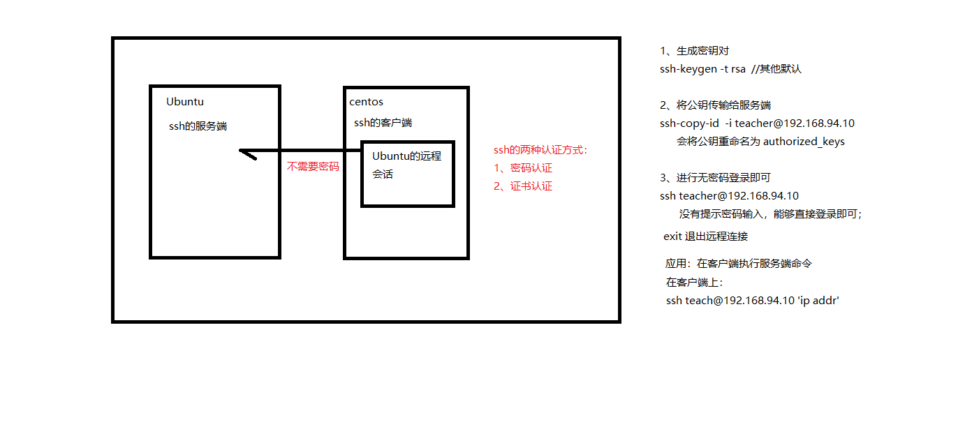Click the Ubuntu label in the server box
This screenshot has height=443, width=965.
tap(185, 102)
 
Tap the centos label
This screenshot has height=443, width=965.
tap(366, 103)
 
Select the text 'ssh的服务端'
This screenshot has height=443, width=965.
tap(198, 126)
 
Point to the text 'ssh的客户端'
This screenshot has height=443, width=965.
tap(383, 123)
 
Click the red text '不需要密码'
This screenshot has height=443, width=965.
tap(313, 167)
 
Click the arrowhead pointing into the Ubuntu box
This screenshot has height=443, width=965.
tap(246, 153)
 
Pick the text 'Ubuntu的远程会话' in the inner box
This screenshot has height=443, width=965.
tap(406, 165)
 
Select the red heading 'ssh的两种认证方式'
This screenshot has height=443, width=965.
tap(540, 150)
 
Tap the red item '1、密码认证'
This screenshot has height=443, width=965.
tap(523, 168)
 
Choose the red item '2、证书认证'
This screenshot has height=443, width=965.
tap(523, 186)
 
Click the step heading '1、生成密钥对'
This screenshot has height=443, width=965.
tap(695, 51)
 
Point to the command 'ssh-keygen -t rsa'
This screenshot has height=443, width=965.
tap(702, 69)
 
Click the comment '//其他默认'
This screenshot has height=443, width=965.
tap(776, 69)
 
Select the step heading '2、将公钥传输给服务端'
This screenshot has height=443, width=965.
tap(715, 105)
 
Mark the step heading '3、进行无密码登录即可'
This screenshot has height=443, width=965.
tap(715, 178)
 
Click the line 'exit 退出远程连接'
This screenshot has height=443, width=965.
tap(705, 236)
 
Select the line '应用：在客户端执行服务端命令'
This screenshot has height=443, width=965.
tap(739, 264)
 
